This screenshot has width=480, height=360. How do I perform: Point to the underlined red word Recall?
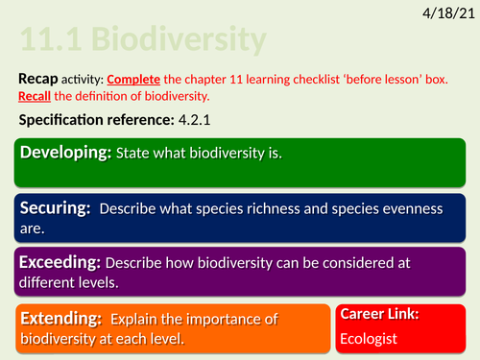pos(39,96)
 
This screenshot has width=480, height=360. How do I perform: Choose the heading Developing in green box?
pos(66,154)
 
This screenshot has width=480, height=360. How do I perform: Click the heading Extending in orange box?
pos(61,317)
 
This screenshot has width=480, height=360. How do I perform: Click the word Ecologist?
pos(371,338)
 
